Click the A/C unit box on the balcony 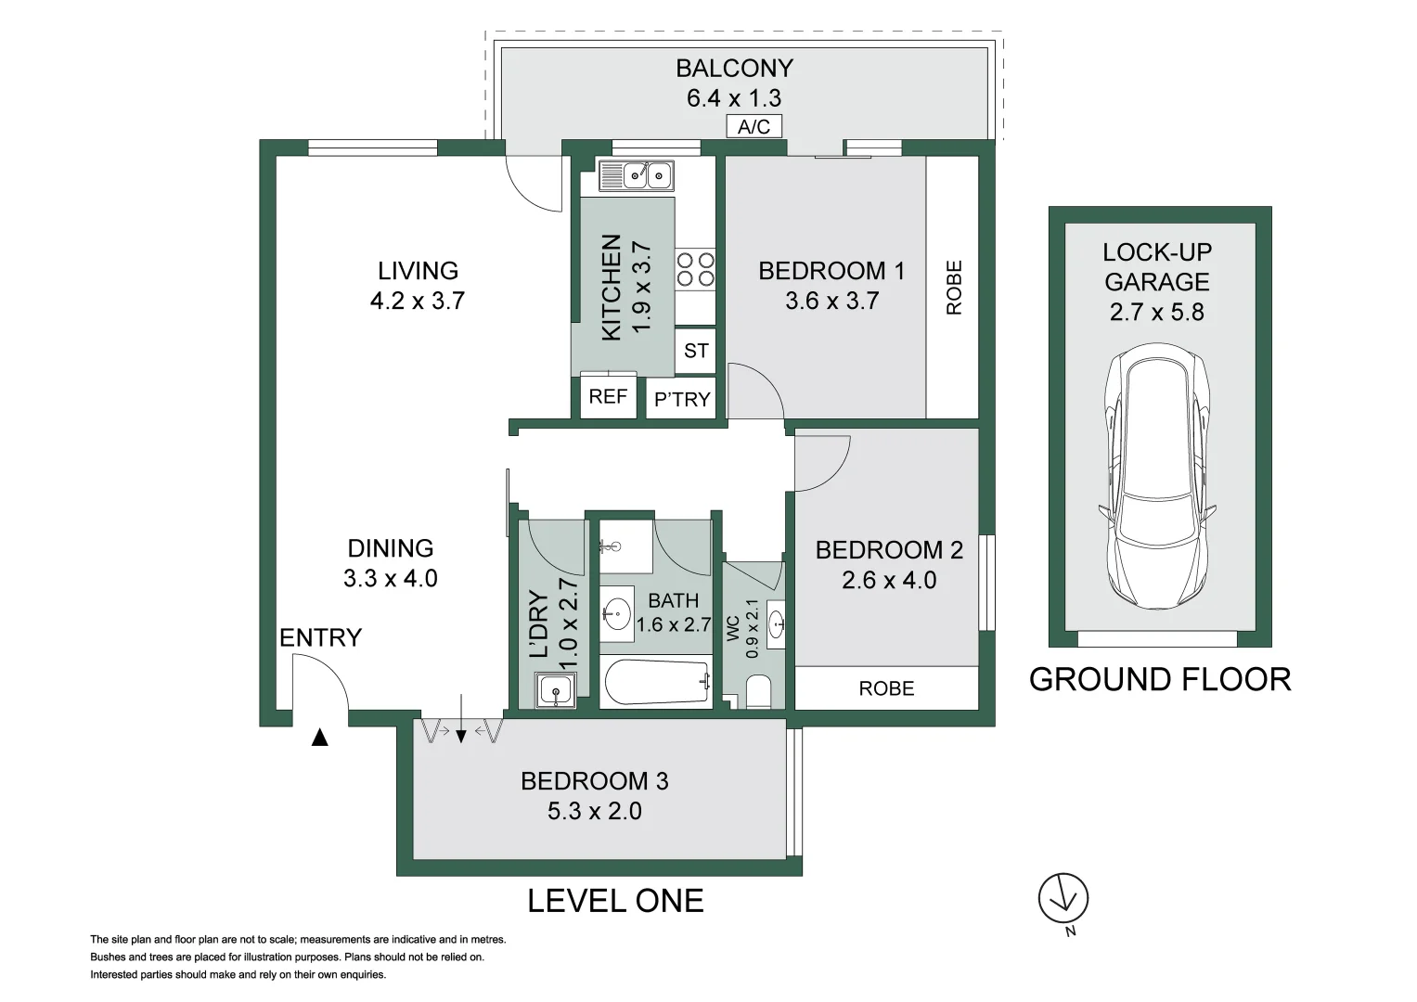click(x=754, y=127)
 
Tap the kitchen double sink click(x=636, y=174)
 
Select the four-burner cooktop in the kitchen click(x=695, y=269)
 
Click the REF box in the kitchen click(x=608, y=397)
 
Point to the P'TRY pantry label click(x=682, y=400)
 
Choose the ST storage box click(x=696, y=351)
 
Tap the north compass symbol click(x=1063, y=899)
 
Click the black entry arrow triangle click(x=319, y=739)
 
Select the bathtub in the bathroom click(x=656, y=684)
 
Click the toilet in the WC click(x=758, y=692)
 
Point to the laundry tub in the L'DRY click(x=555, y=690)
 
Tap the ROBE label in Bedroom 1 click(x=954, y=288)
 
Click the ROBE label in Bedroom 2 click(x=886, y=688)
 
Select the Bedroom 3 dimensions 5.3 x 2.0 click(x=594, y=811)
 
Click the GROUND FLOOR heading click(x=1159, y=680)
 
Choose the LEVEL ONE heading click(x=615, y=901)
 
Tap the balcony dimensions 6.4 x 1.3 click(x=733, y=97)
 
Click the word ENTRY click(x=320, y=637)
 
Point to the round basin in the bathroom click(x=615, y=612)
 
